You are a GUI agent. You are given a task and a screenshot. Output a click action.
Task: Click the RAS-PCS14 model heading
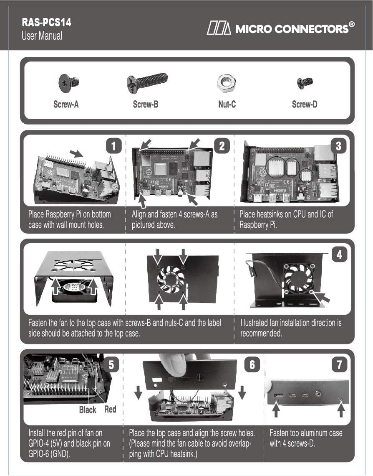(46, 22)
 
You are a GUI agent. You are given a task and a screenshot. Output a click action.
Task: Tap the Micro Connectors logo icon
(219, 28)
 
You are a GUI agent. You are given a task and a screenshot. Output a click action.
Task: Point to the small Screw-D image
(305, 83)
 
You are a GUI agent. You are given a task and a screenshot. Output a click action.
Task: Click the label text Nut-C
(227, 104)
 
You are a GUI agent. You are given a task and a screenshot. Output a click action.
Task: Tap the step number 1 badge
(113, 146)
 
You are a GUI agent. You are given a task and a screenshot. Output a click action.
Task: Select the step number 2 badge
(222, 146)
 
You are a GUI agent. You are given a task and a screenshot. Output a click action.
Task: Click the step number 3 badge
(338, 146)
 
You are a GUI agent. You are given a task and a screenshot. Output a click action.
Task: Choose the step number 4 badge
(339, 255)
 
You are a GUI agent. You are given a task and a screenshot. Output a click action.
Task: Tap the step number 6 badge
(252, 364)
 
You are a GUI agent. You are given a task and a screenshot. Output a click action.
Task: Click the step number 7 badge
(339, 364)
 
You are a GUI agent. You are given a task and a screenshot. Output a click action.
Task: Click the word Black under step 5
(88, 410)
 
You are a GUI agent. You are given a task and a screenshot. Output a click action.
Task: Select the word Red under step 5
(110, 409)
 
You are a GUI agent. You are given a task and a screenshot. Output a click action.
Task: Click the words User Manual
(42, 36)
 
